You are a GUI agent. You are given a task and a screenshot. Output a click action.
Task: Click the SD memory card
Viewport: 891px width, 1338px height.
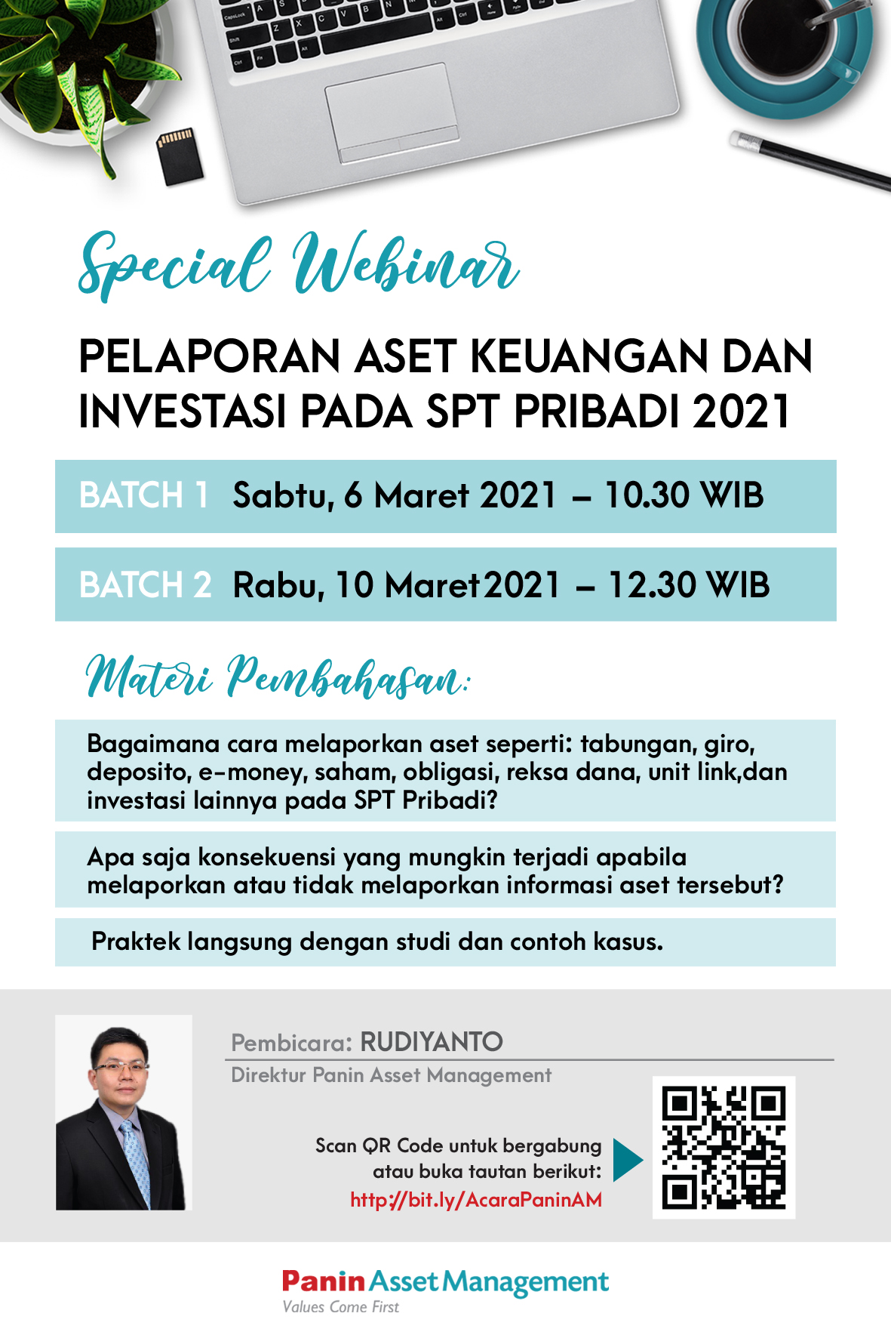(x=179, y=156)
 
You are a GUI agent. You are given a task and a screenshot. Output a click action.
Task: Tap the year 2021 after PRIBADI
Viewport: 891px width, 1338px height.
(x=741, y=412)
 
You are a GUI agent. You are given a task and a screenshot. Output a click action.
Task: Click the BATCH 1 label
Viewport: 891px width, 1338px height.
(x=143, y=496)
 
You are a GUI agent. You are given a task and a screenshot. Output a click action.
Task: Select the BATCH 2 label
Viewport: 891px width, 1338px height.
(x=145, y=585)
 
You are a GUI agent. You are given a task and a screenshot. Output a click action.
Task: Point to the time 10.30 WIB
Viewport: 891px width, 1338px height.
(x=684, y=496)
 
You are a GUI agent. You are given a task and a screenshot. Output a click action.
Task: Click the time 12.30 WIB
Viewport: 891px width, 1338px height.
(x=689, y=585)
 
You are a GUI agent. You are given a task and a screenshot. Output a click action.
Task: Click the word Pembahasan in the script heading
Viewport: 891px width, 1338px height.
(x=347, y=676)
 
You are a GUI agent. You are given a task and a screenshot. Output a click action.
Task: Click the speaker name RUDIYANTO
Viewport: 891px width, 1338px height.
(x=432, y=1042)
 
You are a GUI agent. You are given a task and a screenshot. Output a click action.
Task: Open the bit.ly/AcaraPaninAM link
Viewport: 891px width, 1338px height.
(x=476, y=1200)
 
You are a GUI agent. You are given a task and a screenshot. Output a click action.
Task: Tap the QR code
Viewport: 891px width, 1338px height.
(x=724, y=1147)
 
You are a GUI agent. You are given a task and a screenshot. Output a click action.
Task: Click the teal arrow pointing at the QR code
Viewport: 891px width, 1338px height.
(x=628, y=1160)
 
